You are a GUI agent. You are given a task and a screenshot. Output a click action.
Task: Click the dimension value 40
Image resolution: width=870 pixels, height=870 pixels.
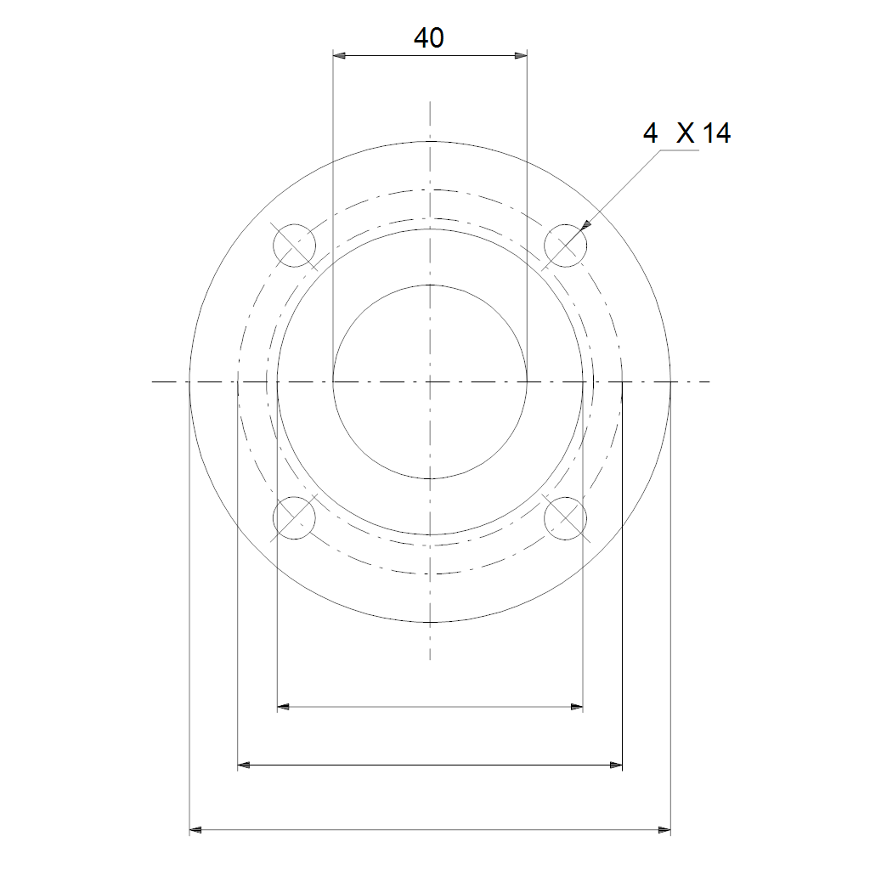pyautogui.click(x=429, y=37)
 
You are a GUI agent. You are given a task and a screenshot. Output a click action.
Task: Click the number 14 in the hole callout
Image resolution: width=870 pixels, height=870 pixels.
pyautogui.click(x=717, y=133)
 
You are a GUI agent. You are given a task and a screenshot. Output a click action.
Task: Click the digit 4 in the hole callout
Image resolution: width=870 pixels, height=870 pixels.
pyautogui.click(x=650, y=133)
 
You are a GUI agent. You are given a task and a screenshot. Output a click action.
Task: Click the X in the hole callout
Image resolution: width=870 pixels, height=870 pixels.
pyautogui.click(x=686, y=133)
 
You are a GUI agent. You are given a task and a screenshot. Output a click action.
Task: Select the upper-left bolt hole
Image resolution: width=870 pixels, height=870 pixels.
pyautogui.click(x=294, y=246)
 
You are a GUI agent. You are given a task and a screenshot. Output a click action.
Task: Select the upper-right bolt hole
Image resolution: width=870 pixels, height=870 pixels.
pyautogui.click(x=565, y=246)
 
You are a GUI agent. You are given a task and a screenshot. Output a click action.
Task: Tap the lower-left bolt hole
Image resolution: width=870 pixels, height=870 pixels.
pyautogui.click(x=294, y=518)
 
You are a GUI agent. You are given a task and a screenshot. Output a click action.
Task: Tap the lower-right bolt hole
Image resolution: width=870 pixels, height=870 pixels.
pyautogui.click(x=565, y=518)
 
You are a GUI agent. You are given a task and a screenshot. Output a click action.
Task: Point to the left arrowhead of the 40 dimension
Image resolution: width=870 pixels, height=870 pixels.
pyautogui.click(x=339, y=55)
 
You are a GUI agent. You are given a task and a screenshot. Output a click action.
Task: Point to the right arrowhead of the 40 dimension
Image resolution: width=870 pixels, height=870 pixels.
pyautogui.click(x=521, y=55)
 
